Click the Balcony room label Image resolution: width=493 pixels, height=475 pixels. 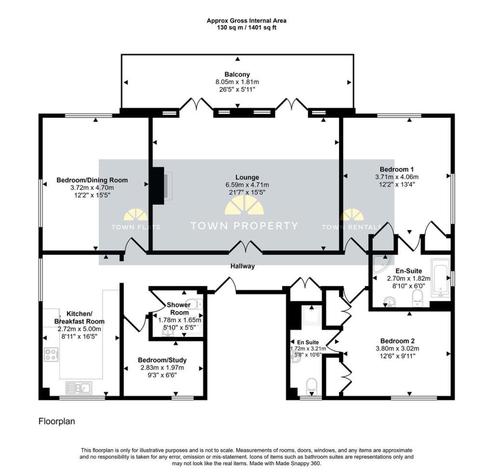[x=237, y=75]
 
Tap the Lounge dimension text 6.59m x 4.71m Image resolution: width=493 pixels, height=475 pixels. [x=247, y=185]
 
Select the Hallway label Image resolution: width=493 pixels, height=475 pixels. [x=243, y=266]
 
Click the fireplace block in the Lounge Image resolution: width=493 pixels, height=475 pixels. [x=158, y=186]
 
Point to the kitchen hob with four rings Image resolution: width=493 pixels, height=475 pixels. [x=51, y=354]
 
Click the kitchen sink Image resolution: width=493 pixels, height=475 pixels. [x=79, y=388]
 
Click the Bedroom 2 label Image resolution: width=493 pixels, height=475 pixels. [x=397, y=341]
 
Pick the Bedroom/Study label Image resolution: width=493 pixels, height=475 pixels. [x=162, y=360]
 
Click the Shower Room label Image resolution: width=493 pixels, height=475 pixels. [x=179, y=308]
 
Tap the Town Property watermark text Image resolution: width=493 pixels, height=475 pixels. [x=244, y=226]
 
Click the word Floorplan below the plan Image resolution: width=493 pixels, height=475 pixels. [x=57, y=421]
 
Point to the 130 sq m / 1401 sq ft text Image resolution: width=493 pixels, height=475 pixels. [x=246, y=27]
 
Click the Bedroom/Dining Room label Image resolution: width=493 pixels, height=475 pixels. [x=92, y=180]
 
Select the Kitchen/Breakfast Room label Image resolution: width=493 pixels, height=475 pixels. [x=79, y=318]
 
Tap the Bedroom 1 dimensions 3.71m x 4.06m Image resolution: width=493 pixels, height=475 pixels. [x=397, y=177]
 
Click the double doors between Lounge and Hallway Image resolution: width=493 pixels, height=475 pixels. [x=246, y=247]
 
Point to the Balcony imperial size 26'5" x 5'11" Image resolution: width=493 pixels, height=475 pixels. [x=237, y=90]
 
